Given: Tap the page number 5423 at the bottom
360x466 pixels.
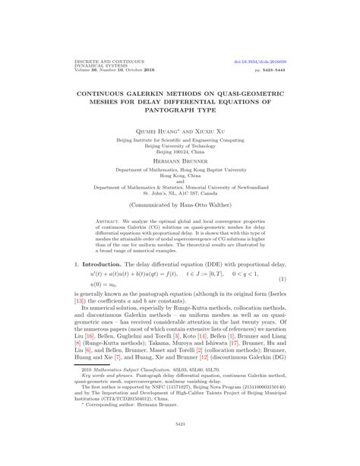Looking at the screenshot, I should [180, 445].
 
